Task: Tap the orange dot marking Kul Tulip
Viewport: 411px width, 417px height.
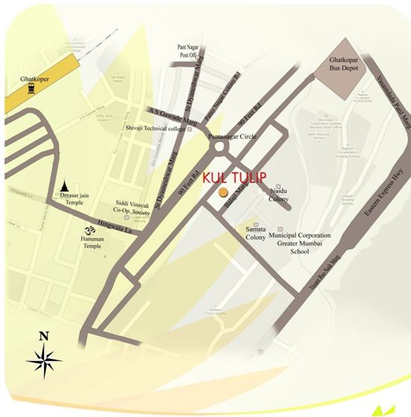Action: (x=222, y=193)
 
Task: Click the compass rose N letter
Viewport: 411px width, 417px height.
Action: (x=43, y=336)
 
